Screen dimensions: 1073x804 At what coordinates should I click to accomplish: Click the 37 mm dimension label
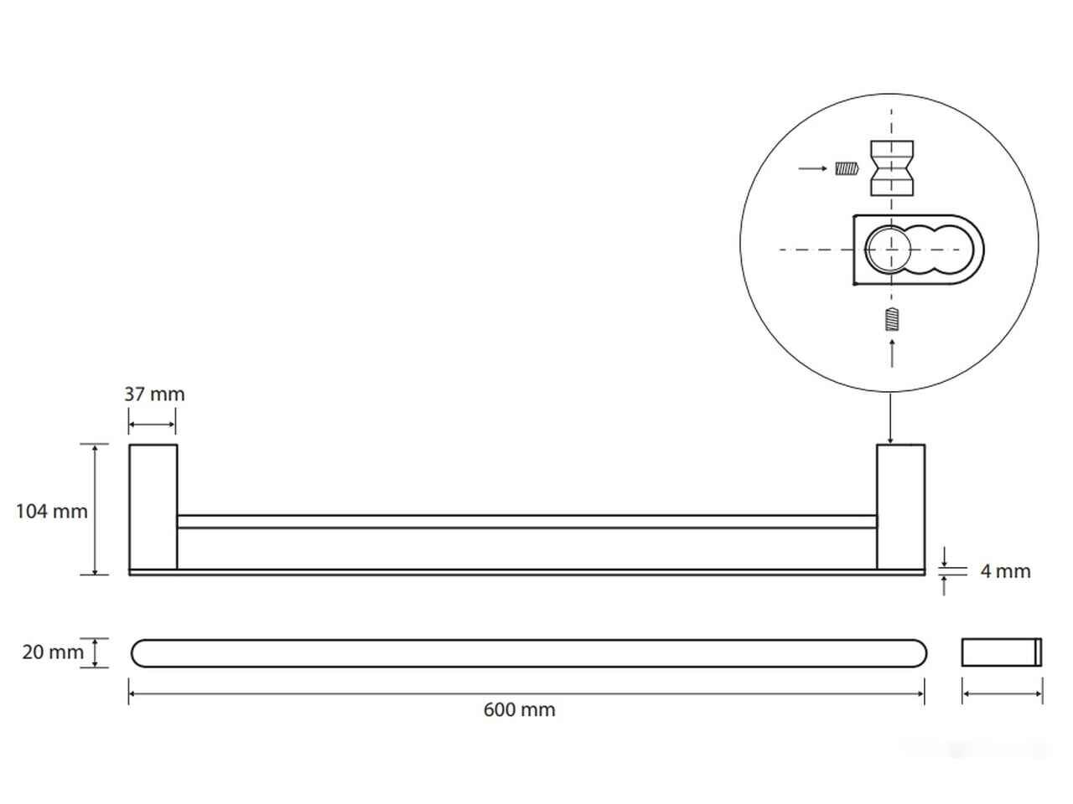point(154,394)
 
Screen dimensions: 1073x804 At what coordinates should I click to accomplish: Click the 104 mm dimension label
point(52,511)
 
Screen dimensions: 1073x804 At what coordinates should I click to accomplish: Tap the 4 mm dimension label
point(1005,571)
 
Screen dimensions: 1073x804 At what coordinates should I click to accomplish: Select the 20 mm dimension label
point(53,652)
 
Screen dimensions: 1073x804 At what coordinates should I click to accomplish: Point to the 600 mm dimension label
point(519,710)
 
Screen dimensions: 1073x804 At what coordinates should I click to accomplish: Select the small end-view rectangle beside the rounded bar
point(1002,652)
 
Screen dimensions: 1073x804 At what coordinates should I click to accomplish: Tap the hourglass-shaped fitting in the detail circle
point(892,168)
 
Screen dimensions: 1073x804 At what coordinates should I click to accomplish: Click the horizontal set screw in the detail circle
point(847,169)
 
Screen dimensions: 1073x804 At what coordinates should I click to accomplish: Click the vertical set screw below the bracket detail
point(893,320)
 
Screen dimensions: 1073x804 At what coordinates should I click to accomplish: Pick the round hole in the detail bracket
point(888,250)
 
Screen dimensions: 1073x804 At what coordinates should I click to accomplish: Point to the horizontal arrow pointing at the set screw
point(812,168)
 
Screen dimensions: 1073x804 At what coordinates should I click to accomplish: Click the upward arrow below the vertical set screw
point(892,353)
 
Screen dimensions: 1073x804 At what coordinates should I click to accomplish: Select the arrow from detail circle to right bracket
point(890,419)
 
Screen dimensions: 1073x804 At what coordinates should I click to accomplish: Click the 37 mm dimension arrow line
point(152,425)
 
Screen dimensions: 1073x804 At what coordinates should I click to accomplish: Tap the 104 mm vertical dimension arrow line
point(95,510)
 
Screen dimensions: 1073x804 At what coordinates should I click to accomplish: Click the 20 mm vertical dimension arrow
point(95,652)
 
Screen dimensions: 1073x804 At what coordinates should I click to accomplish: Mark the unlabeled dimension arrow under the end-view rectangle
point(1002,693)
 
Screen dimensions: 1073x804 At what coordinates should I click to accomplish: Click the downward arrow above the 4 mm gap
point(944,557)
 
